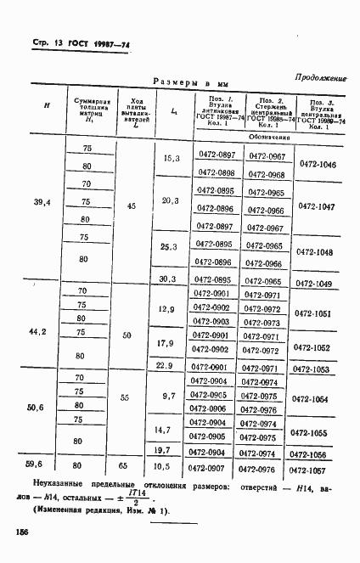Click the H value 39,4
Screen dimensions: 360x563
(42, 202)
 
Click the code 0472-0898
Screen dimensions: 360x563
(216, 172)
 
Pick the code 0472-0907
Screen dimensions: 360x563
(216, 467)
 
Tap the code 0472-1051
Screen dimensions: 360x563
(314, 313)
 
